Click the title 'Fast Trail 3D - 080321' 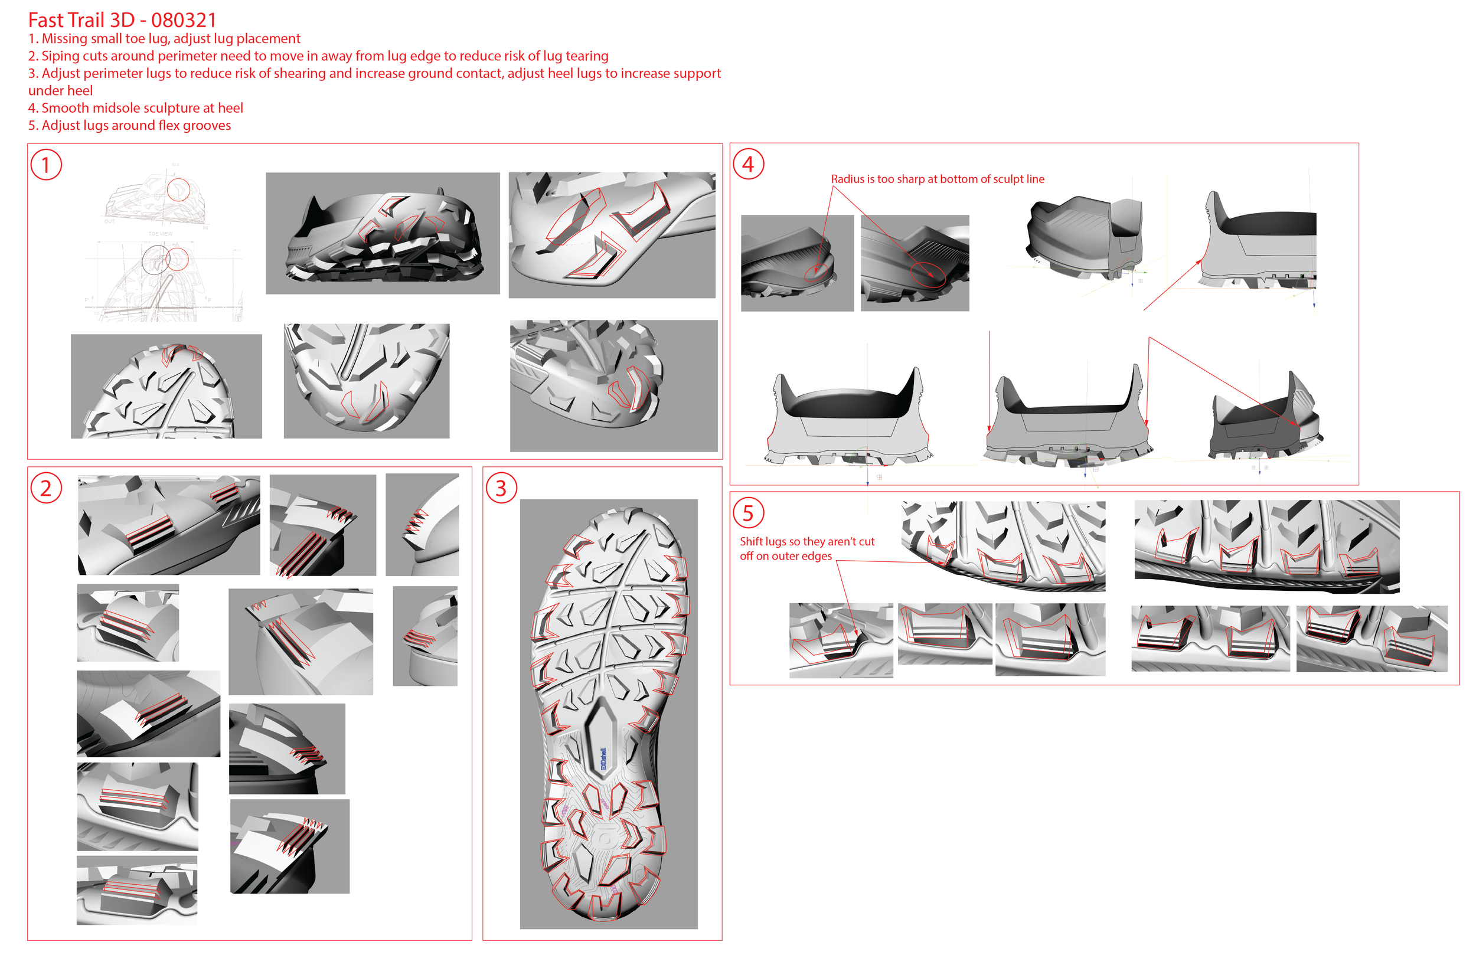click(122, 20)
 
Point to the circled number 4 click(748, 164)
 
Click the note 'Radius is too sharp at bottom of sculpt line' click(937, 179)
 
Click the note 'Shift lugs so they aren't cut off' click(806, 548)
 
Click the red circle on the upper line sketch click(179, 189)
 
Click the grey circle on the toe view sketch click(156, 259)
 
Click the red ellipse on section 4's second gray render click(927, 273)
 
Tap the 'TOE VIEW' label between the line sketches click(160, 234)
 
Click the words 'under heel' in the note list click(60, 90)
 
